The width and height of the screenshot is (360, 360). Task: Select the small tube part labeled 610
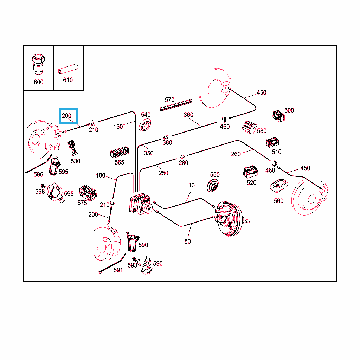[68, 69]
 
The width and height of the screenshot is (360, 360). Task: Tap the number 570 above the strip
[169, 100]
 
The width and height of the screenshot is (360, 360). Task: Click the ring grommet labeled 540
[145, 125]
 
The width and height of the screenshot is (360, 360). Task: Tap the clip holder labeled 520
[250, 171]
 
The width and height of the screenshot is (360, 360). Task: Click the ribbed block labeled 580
[251, 127]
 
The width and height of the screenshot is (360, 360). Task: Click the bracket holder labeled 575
[88, 193]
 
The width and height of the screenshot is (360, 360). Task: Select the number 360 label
[188, 115]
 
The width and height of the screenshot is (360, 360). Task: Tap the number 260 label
[236, 154]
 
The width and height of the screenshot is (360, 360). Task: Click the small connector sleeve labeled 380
[166, 137]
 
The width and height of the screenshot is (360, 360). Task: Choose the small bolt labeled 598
[43, 185]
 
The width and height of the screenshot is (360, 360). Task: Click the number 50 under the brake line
[187, 241]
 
